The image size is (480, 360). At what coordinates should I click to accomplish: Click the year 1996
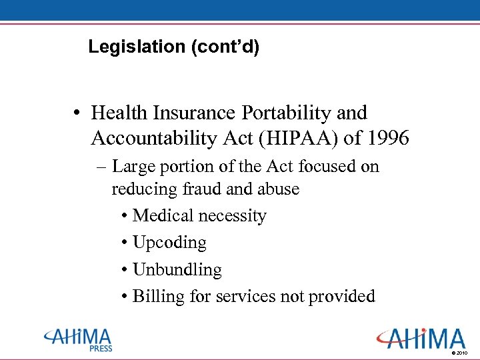(385, 139)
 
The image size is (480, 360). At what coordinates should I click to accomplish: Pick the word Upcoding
(169, 243)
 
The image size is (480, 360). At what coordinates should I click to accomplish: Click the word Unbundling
(177, 270)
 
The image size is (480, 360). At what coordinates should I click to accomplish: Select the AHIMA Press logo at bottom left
(78, 339)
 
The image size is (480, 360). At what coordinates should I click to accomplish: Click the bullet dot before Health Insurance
(78, 113)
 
